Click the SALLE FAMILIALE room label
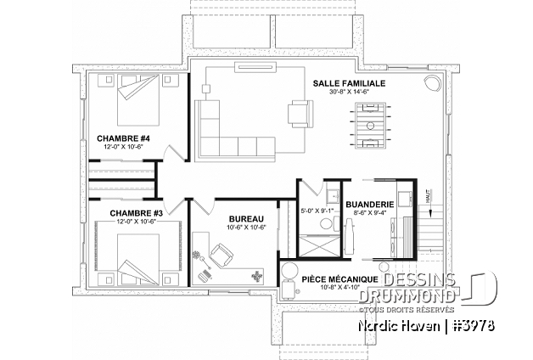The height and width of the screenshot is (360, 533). (x=348, y=83)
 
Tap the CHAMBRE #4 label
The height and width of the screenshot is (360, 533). (x=123, y=138)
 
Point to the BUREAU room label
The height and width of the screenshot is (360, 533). (x=247, y=218)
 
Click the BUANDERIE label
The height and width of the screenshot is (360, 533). (x=368, y=204)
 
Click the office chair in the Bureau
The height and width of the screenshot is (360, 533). (x=222, y=253)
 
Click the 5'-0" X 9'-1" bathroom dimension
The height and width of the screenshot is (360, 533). (x=317, y=209)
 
